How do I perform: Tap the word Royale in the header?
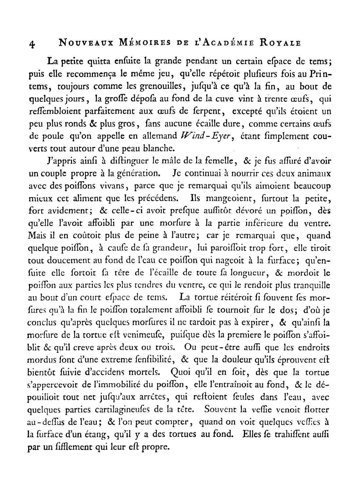point(284,43)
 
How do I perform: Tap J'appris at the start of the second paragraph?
point(59,161)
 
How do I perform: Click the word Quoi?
point(181,372)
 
